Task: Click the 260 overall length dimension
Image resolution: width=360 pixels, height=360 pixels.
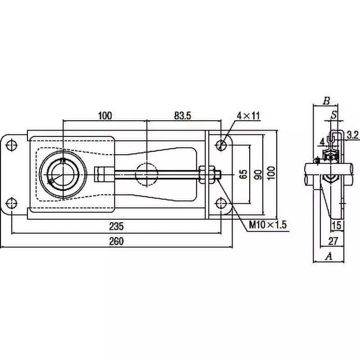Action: (x=116, y=241)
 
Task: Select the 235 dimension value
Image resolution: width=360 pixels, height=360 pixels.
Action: (x=116, y=226)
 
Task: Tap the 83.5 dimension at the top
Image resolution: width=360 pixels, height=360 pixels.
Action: (x=182, y=116)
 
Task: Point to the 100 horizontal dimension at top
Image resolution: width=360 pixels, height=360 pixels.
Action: (x=104, y=116)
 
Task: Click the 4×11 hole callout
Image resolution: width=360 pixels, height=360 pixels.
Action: (x=249, y=116)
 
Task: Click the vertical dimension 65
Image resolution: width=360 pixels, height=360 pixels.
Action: (x=243, y=174)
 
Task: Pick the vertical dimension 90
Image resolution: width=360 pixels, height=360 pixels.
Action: (x=257, y=174)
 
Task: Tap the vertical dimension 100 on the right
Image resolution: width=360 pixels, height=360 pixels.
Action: (x=270, y=174)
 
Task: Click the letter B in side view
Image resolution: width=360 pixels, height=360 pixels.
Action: (x=327, y=100)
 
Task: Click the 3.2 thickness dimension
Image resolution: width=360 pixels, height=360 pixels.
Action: (x=353, y=135)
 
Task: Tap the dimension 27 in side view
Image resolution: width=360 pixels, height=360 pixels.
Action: (x=333, y=239)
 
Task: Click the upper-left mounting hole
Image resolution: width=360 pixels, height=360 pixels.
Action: (x=12, y=145)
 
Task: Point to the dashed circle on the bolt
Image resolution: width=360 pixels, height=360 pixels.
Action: (x=147, y=174)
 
